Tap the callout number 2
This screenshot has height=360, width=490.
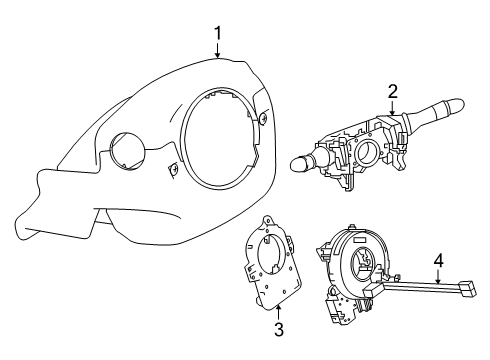click(393, 91)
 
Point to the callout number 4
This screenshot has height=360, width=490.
click(437, 264)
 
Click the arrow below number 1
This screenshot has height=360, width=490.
click(217, 52)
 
